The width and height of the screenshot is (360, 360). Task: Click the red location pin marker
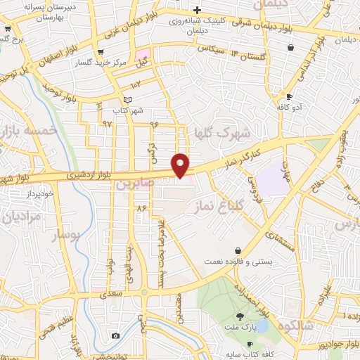181,165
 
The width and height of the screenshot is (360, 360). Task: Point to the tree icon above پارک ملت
240,316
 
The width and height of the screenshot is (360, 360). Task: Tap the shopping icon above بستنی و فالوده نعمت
238,250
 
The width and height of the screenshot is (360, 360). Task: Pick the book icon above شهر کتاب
127,100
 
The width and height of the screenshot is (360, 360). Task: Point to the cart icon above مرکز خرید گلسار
102,51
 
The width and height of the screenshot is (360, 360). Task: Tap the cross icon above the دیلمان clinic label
198,10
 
